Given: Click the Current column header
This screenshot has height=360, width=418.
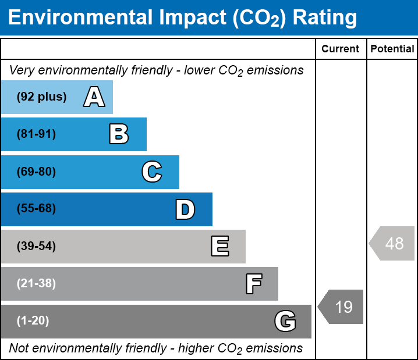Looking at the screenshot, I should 341,49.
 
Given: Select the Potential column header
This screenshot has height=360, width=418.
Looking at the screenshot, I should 392,49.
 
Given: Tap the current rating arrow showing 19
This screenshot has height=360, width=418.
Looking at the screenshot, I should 342,306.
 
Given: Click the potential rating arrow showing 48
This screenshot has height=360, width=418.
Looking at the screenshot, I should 393,243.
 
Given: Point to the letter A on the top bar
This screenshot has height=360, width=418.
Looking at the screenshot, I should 94,97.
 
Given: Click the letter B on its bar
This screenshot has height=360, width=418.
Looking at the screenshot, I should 119,134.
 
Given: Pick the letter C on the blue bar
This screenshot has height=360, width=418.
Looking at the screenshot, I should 151,172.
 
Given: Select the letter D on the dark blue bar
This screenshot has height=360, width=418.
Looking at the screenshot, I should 185,209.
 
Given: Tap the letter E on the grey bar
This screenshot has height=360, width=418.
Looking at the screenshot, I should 219,247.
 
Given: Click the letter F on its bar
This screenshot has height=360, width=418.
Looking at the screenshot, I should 253,284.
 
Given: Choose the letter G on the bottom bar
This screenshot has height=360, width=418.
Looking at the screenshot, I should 285,321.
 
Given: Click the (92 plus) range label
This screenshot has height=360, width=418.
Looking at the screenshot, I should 41,97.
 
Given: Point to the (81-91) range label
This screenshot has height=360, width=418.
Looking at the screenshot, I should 36,134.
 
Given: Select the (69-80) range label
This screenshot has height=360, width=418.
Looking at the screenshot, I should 36,172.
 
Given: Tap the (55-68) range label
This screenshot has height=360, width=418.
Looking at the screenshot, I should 36,209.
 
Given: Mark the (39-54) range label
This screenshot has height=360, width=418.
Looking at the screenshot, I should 36,247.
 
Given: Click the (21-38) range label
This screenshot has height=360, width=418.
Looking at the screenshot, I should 36,284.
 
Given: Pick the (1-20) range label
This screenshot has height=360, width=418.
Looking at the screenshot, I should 33,321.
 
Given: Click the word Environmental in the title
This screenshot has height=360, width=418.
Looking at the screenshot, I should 80,18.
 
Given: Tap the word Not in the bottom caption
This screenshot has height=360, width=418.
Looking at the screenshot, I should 19,348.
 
